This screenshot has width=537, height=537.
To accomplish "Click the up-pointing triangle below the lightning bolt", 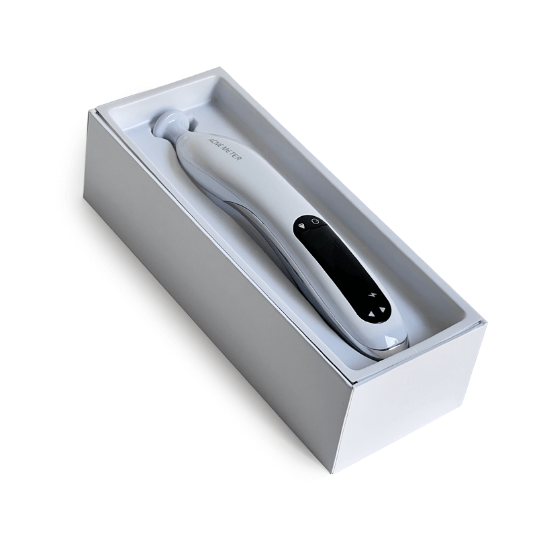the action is [371, 313].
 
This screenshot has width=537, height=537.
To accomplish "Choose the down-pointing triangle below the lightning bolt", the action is [383, 310].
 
